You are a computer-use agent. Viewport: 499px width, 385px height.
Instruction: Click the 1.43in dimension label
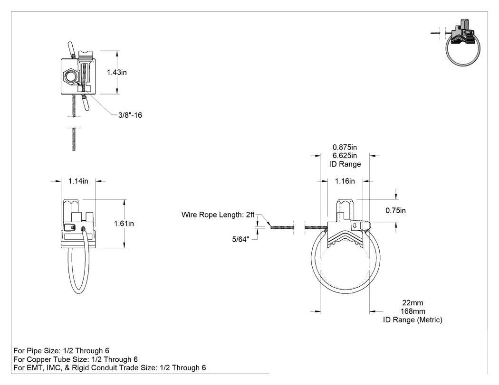pyautogui.click(x=116, y=73)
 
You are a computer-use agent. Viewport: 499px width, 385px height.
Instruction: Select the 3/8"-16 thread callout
pyautogui.click(x=130, y=115)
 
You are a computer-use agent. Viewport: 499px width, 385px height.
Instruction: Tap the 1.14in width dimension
pyautogui.click(x=78, y=181)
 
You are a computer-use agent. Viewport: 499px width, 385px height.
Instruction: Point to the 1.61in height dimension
pyautogui.click(x=124, y=224)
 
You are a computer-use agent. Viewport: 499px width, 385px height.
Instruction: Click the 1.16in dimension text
pyautogui.click(x=345, y=181)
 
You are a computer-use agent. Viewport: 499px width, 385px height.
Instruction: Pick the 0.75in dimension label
pyautogui.click(x=395, y=210)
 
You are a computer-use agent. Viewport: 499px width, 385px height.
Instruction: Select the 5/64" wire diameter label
pyautogui.click(x=240, y=239)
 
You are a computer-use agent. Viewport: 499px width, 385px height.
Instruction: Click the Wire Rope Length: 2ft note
pyautogui.click(x=218, y=215)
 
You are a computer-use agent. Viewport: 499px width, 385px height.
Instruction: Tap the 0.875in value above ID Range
pyautogui.click(x=345, y=148)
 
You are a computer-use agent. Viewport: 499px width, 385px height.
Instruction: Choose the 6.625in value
pyautogui.click(x=345, y=156)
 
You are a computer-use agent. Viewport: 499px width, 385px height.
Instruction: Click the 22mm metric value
pyautogui.click(x=413, y=303)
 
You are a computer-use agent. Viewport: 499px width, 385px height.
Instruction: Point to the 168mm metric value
pyautogui.click(x=413, y=311)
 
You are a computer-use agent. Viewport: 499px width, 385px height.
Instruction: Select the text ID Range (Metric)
pyautogui.click(x=413, y=320)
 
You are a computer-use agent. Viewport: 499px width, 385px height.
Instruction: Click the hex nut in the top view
pyautogui.click(x=70, y=76)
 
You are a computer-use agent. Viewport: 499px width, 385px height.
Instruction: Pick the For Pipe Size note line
pyautogui.click(x=61, y=351)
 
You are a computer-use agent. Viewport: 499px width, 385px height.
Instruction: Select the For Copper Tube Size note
pyautogui.click(x=76, y=359)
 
